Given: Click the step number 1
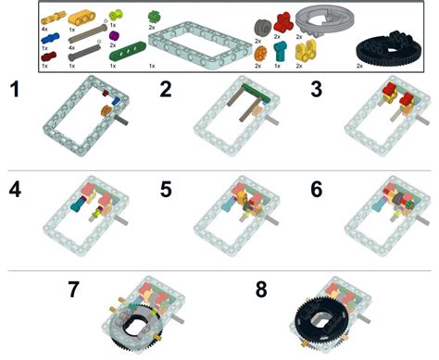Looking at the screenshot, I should click(x=14, y=90).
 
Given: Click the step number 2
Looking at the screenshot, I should click(x=167, y=90).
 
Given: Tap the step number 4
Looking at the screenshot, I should click(x=14, y=191).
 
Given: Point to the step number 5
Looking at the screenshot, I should click(x=167, y=191).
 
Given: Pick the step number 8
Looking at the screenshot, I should click(x=261, y=290).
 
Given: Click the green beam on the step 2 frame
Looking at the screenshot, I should click(x=249, y=91).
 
